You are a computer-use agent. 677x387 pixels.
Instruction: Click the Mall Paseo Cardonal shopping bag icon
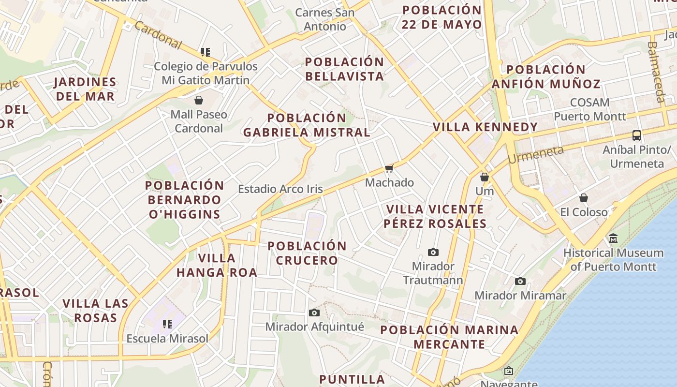pos(198,100)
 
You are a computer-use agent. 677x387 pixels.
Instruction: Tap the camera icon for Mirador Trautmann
pos(433,252)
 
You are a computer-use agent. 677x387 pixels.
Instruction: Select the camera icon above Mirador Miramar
pos(520,281)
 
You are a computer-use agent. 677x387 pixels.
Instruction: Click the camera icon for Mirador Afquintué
pos(314,313)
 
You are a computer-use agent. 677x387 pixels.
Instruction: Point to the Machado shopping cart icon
pos(389,168)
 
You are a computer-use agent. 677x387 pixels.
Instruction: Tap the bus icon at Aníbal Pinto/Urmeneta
pos(637,135)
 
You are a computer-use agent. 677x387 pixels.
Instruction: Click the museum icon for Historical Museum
pos(613,238)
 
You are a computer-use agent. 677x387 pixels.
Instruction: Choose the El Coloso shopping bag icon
pos(584,197)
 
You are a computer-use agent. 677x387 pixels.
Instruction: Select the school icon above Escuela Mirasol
pos(167,324)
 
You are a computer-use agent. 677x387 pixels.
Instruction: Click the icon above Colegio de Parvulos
pos(206,52)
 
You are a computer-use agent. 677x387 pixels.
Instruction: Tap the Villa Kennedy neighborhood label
pos(485,127)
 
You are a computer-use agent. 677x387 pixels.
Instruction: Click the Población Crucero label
pos(307,253)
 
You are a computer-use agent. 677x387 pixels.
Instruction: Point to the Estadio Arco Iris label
pos(280,189)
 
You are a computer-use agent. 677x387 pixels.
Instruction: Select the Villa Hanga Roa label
pos(217,265)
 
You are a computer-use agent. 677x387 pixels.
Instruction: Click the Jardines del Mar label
pos(85,89)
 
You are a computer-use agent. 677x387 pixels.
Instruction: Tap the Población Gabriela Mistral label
pos(307,125)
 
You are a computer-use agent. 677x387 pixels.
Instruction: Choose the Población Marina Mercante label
pos(449,337)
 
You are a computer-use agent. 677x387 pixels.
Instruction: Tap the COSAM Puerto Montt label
pos(590,109)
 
